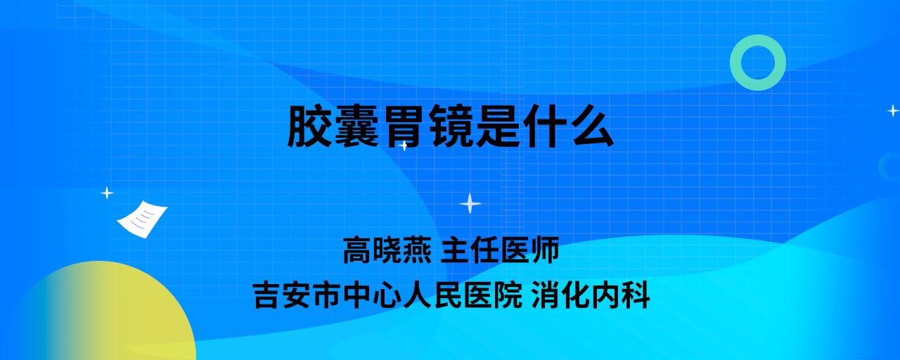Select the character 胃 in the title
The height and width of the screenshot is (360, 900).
[404, 126]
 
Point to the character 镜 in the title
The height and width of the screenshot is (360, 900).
[451, 126]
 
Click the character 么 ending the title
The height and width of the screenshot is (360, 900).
[592, 126]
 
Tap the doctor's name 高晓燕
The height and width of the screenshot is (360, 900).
[387, 250]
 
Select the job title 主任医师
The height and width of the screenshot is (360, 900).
[500, 250]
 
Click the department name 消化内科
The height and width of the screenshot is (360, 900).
[590, 295]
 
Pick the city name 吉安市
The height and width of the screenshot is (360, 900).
[297, 295]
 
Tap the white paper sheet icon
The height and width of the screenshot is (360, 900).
[142, 219]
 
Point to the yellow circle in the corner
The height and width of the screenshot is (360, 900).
[101, 314]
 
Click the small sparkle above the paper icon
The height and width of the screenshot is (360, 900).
[107, 193]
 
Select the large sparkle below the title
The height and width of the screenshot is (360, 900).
[470, 203]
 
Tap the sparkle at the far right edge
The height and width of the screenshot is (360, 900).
[893, 110]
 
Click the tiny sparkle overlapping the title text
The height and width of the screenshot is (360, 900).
[404, 146]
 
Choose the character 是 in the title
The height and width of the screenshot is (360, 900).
[499, 126]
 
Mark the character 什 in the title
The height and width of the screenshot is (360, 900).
[545, 126]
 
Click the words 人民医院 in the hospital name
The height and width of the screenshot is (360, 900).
[463, 295]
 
